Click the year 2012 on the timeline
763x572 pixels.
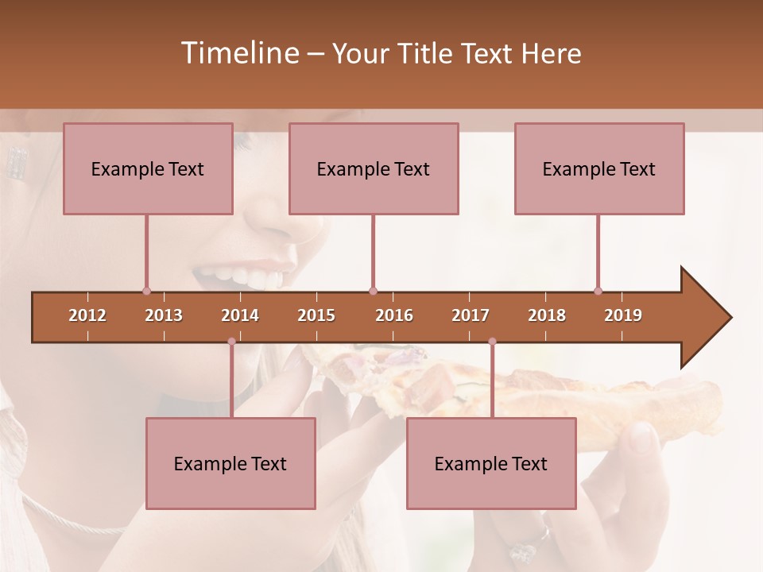point(87,315)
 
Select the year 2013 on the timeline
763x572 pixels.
point(164,315)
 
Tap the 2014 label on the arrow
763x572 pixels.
point(240,315)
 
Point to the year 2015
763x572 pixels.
point(316,315)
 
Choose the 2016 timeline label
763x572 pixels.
point(394,315)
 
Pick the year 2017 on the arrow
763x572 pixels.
point(471,315)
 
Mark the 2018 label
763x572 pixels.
point(547,315)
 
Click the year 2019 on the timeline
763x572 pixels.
point(623,315)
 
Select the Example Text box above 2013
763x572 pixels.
point(148,168)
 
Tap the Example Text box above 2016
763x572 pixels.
point(374,168)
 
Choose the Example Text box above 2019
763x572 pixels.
point(599,168)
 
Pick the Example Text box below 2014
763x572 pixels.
point(230,463)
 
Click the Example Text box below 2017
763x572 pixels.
point(491,463)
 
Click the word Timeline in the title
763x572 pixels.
point(238,53)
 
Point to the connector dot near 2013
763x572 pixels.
point(146,291)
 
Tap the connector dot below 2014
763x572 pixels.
point(231,342)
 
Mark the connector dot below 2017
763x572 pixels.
point(492,342)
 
